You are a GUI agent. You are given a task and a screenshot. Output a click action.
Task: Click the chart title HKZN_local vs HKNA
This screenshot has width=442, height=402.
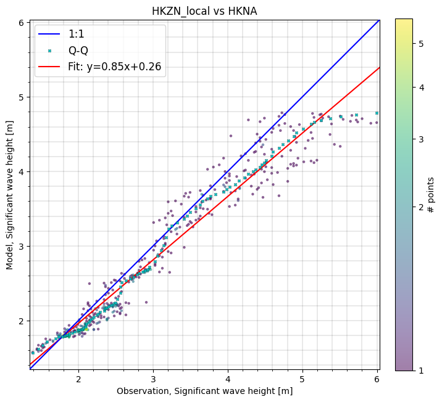204,11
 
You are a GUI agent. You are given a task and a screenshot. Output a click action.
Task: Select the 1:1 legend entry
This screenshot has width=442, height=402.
77,34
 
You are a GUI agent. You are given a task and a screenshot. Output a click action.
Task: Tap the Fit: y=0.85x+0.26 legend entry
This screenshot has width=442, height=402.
115,67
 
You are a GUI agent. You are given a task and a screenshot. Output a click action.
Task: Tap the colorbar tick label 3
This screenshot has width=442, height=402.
421,139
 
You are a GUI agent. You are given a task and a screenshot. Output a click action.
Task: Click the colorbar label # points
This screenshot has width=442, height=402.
431,194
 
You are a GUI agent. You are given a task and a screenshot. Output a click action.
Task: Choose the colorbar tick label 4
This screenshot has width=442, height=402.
421,87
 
